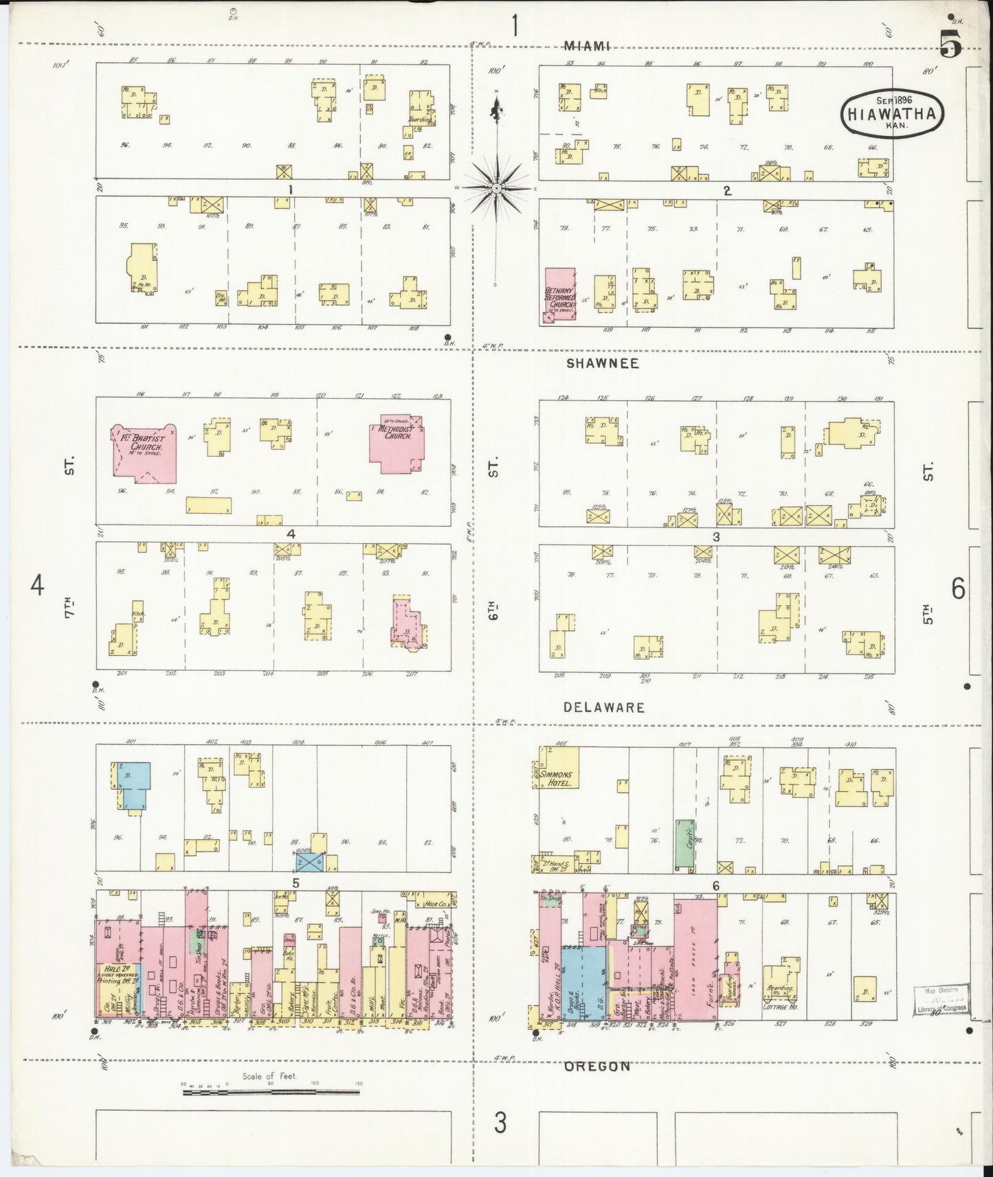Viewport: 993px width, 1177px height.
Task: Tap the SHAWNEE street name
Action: (x=602, y=363)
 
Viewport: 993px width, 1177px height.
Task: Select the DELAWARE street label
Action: (x=605, y=707)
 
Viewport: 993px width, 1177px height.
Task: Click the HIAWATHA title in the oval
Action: (x=891, y=115)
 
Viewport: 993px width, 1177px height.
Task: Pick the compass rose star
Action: (x=496, y=187)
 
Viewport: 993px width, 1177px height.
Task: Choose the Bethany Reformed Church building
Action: (x=559, y=295)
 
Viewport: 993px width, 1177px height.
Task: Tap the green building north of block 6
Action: (x=683, y=843)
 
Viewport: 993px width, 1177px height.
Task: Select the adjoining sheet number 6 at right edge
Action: (x=957, y=588)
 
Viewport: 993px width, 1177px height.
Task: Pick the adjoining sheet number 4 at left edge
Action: (x=37, y=586)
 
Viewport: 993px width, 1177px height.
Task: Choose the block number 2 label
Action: (x=726, y=190)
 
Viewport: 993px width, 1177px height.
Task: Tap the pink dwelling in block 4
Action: (x=406, y=620)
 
